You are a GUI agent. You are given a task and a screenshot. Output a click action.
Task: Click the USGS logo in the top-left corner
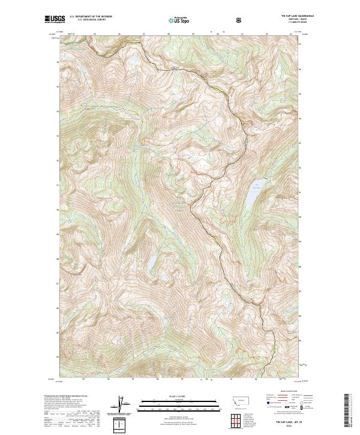tap(55, 20)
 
